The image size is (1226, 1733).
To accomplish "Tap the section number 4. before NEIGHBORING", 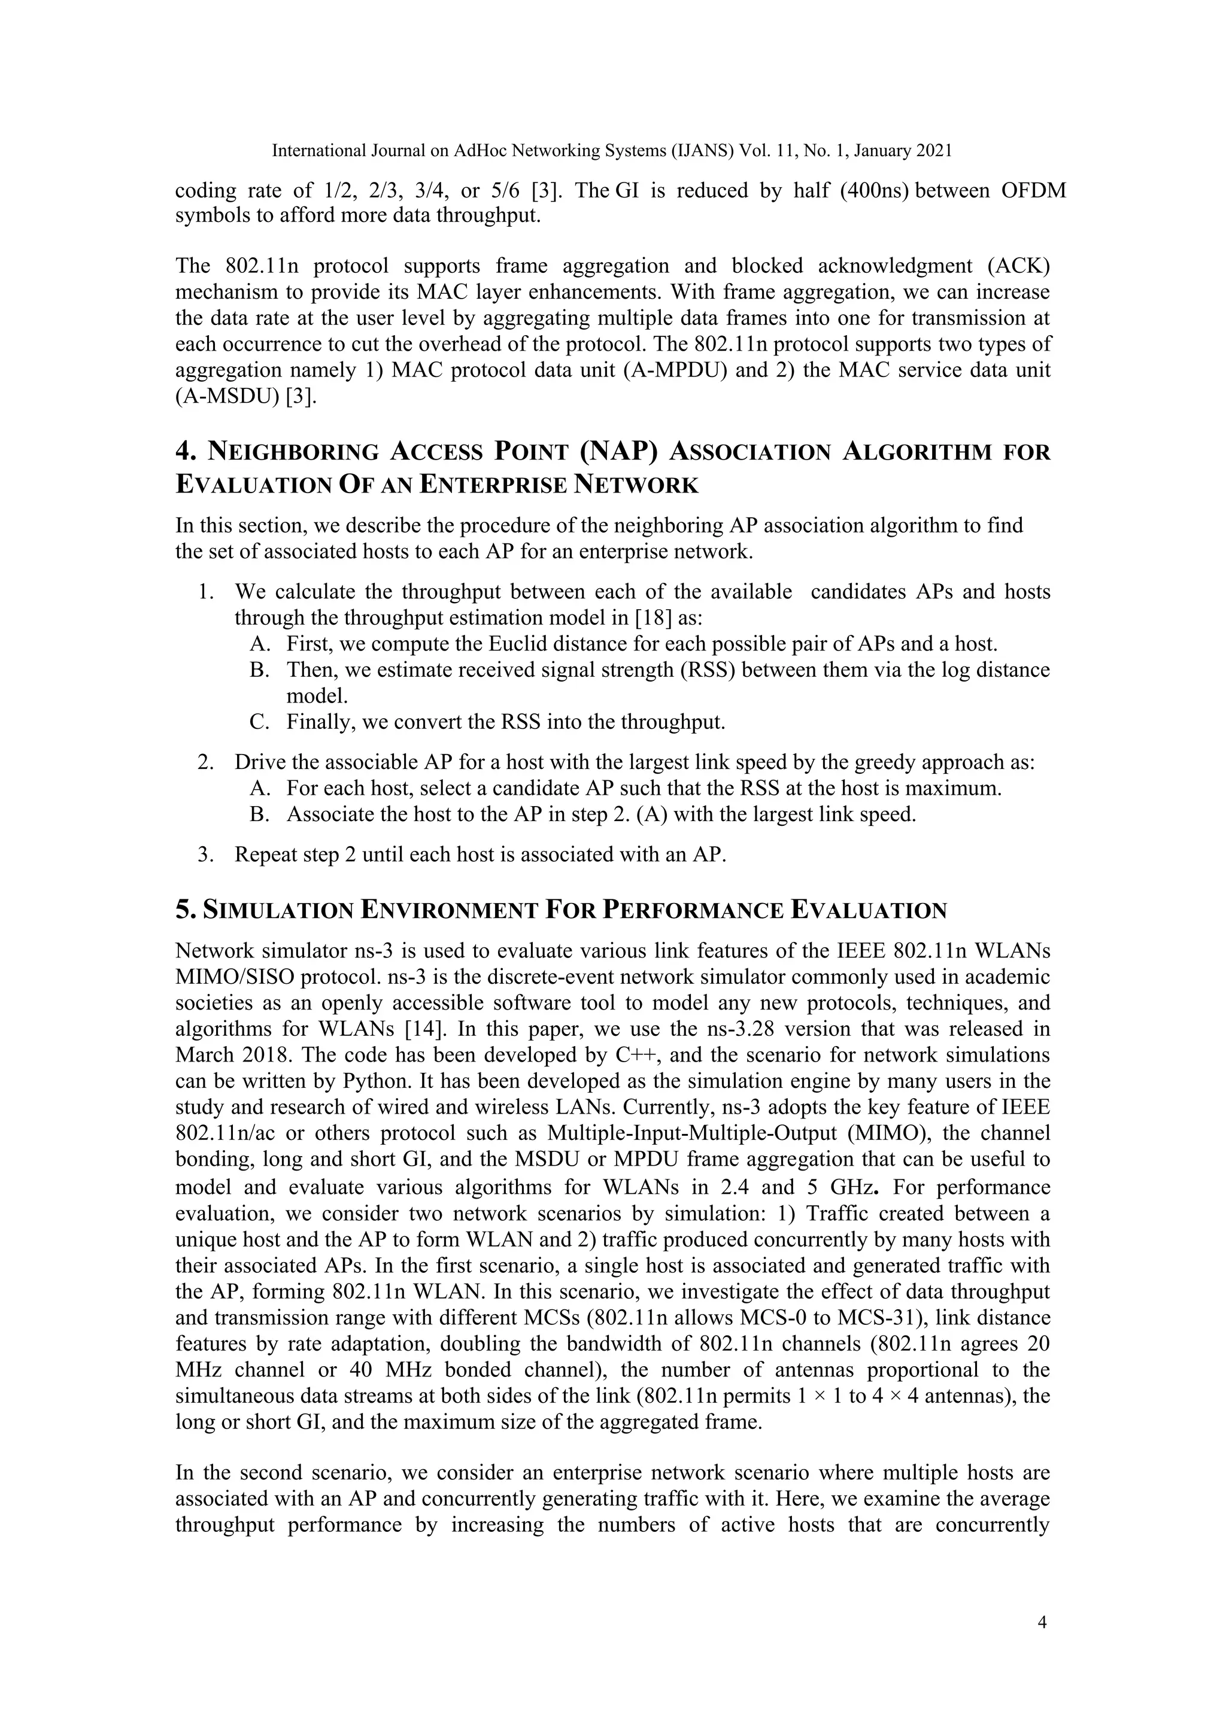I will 186,451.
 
